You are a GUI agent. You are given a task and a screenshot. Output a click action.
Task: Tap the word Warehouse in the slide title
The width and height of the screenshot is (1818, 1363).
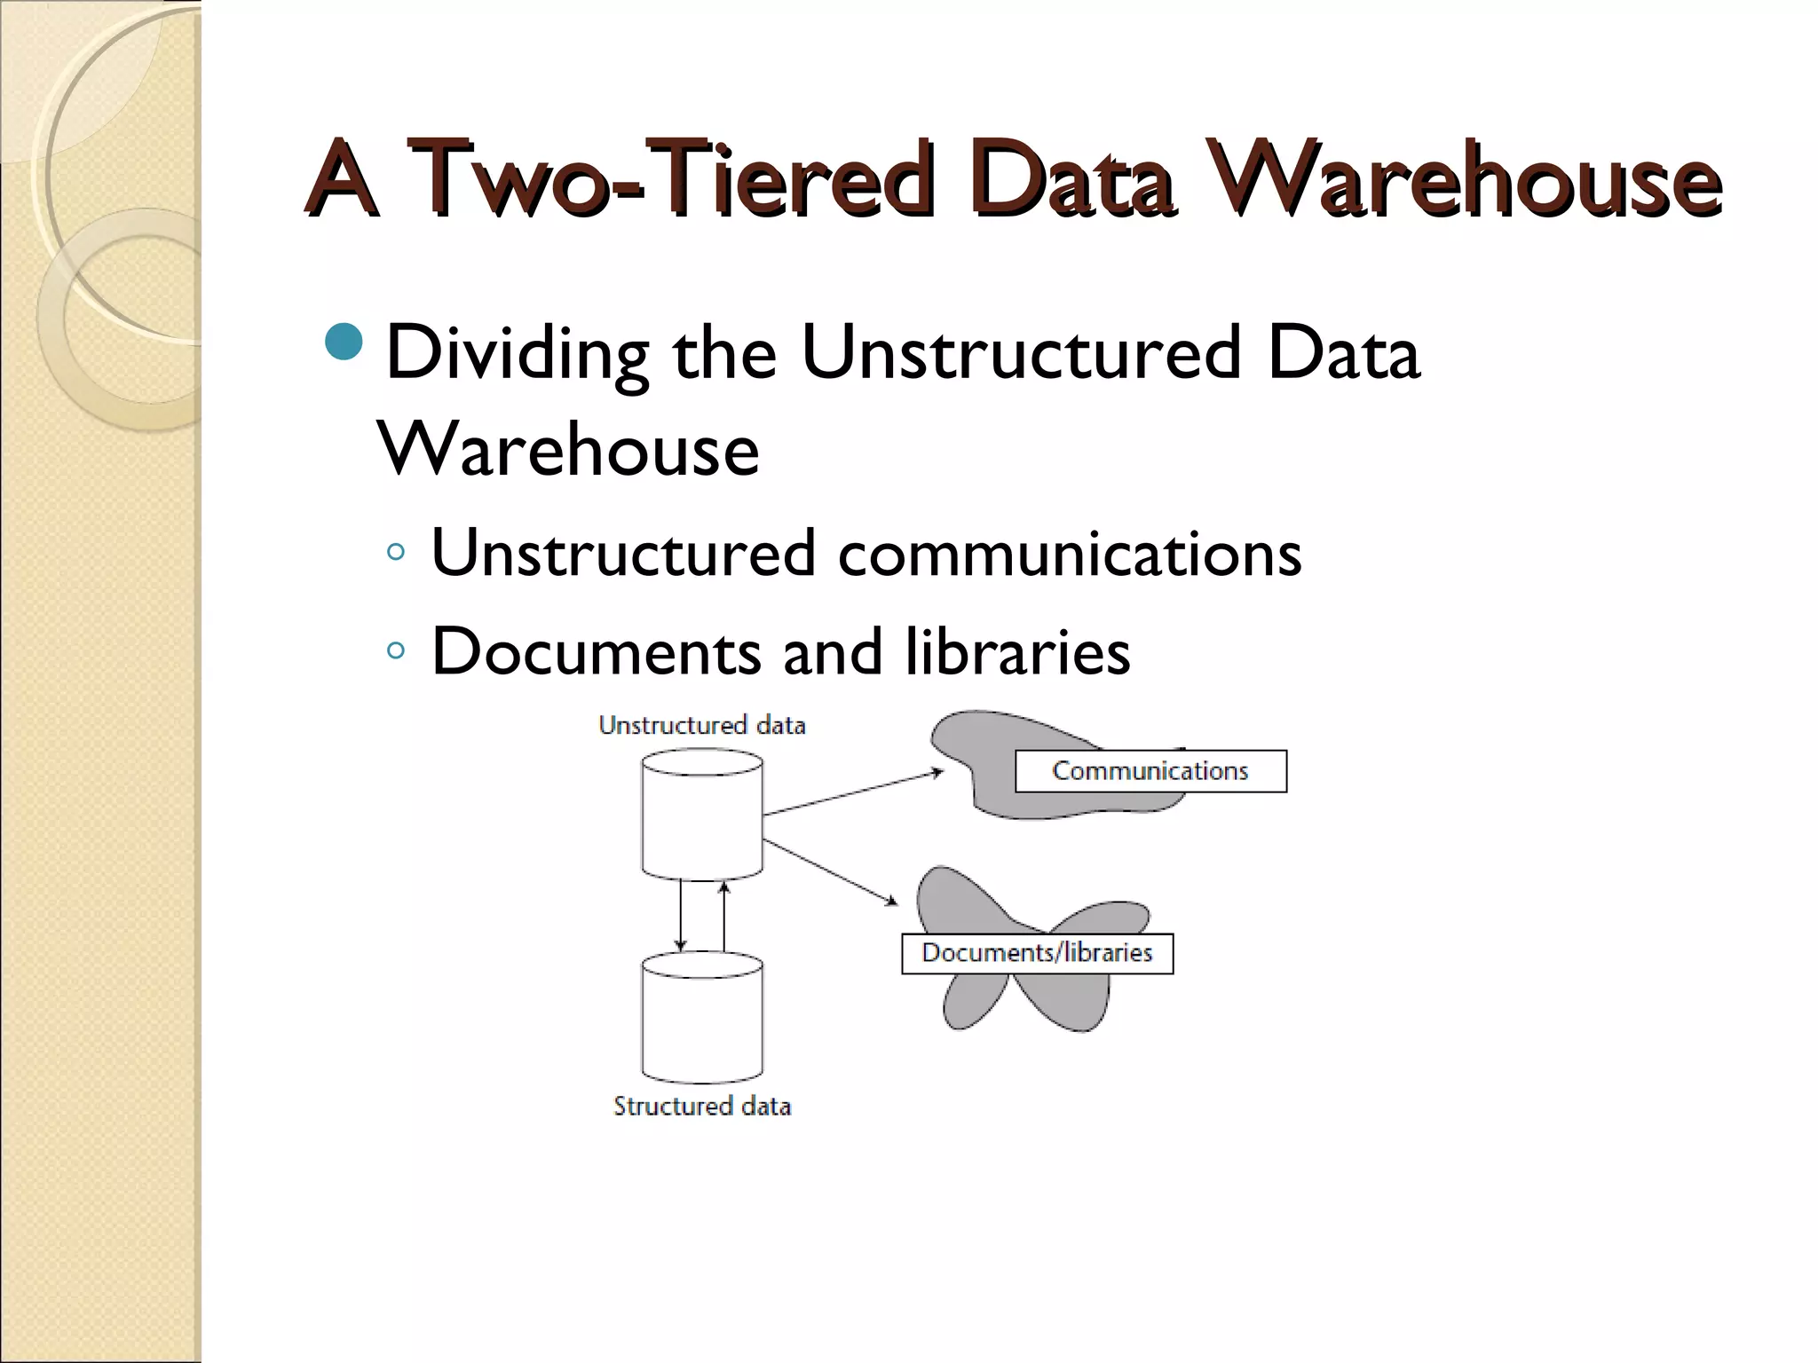tap(1465, 180)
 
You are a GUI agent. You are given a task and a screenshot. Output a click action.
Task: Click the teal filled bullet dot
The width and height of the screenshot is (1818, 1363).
tap(344, 343)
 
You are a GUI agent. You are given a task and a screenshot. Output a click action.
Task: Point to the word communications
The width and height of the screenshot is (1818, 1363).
tap(1069, 554)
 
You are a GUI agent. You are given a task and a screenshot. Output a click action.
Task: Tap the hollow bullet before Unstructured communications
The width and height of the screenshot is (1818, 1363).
tap(396, 553)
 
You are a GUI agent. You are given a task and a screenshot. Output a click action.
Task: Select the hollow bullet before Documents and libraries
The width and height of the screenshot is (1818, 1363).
tap(396, 650)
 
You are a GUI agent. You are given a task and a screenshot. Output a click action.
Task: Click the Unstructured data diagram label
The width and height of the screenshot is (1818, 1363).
tap(702, 726)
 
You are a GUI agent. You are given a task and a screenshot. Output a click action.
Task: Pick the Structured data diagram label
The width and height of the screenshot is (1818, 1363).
tap(702, 1107)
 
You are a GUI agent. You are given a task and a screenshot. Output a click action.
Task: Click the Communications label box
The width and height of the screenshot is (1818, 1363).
tap(1150, 771)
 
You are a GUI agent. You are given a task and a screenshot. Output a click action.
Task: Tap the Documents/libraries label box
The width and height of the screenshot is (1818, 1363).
tap(1037, 953)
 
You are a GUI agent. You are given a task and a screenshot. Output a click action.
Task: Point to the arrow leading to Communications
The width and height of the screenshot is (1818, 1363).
tap(852, 792)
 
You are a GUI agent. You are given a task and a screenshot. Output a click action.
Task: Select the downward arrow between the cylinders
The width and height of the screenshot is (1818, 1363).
tap(681, 915)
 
